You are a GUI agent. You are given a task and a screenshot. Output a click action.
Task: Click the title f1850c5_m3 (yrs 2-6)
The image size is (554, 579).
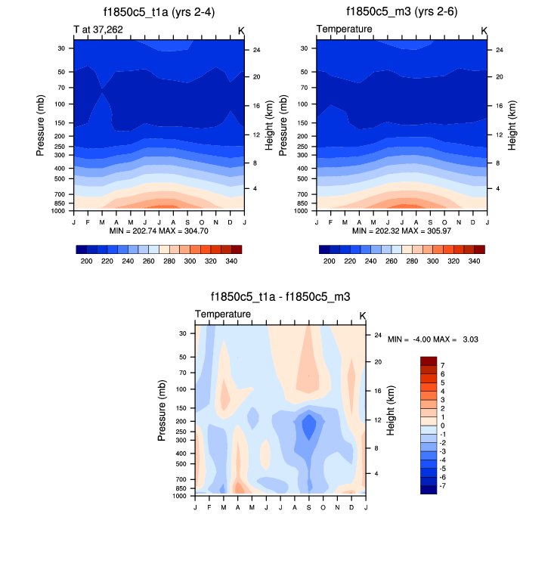[401, 11]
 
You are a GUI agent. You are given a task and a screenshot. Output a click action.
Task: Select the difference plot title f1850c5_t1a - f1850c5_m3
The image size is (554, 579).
[280, 298]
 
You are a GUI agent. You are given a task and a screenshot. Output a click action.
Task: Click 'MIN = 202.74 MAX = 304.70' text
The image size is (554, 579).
[159, 230]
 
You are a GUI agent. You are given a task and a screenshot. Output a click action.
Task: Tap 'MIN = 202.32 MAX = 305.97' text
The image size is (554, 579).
[401, 230]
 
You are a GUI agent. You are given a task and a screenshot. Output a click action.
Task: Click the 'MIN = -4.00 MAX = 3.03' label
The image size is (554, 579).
[432, 339]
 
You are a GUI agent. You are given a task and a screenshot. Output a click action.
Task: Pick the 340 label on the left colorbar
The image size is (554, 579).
[232, 260]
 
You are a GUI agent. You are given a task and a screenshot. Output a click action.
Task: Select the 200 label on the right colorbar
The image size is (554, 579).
[329, 260]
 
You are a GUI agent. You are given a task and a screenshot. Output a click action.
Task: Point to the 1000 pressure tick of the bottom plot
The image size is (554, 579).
[179, 496]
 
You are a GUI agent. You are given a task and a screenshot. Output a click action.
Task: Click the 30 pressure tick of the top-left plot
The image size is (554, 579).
[60, 48]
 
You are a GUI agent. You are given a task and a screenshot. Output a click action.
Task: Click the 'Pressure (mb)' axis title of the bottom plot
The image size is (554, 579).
[162, 410]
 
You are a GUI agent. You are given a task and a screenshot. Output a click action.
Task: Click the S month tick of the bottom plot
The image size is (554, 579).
[308, 506]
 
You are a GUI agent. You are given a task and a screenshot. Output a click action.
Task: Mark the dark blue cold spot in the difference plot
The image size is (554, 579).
[308, 427]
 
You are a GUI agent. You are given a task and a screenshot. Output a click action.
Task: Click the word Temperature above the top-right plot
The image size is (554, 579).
[344, 29]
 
